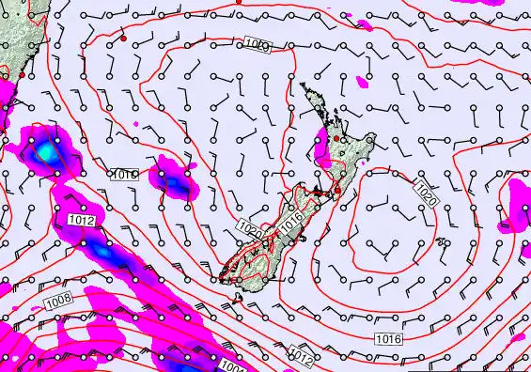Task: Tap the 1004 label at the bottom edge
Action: pyautogui.click(x=234, y=366)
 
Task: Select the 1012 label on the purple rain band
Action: pyautogui.click(x=82, y=220)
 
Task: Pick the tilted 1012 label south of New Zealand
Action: pyautogui.click(x=301, y=355)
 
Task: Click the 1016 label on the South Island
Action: pyautogui.click(x=290, y=219)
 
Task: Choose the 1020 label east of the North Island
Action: pyautogui.click(x=426, y=194)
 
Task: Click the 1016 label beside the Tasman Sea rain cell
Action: pyautogui.click(x=124, y=175)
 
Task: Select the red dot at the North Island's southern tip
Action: pyautogui.click(x=336, y=192)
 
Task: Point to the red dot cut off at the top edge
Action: pyautogui.click(x=239, y=2)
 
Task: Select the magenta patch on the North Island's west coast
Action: pyautogui.click(x=321, y=146)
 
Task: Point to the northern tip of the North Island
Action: pyautogui.click(x=303, y=85)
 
